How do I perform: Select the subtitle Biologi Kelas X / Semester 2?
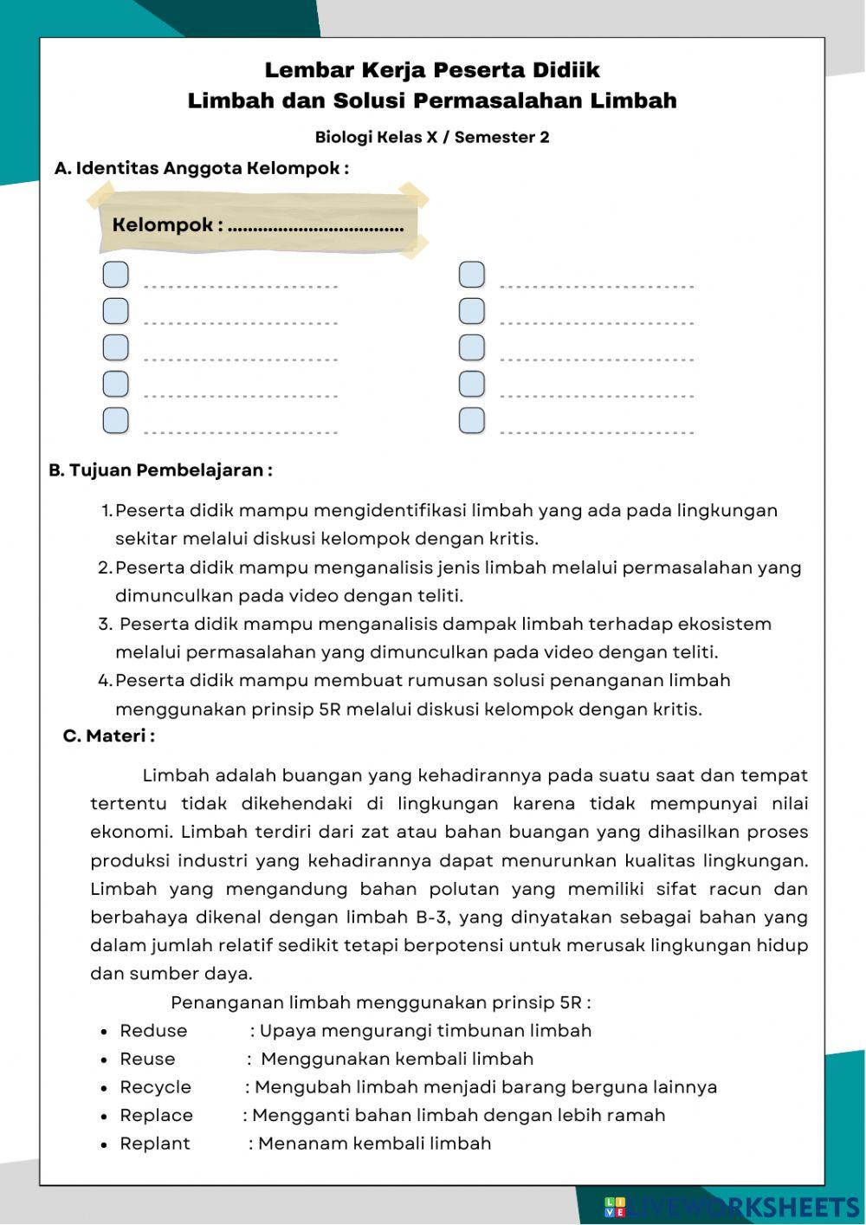[432, 137]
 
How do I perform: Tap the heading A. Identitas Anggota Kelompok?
[202, 168]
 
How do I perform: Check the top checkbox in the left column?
[115, 275]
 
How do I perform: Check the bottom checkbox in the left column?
[115, 420]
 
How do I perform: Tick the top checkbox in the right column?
[471, 275]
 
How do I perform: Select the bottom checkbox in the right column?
[471, 420]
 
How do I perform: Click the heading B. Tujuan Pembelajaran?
[161, 470]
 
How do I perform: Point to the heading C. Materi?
[109, 736]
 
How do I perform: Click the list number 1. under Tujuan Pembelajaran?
[107, 510]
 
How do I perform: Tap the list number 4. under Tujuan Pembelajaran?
[106, 681]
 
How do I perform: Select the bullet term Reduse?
[153, 1031]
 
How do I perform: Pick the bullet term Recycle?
[155, 1087]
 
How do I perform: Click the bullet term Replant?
[154, 1144]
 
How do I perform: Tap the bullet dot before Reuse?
[103, 1060]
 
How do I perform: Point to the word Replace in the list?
[156, 1116]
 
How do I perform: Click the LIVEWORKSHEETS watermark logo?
[732, 1207]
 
